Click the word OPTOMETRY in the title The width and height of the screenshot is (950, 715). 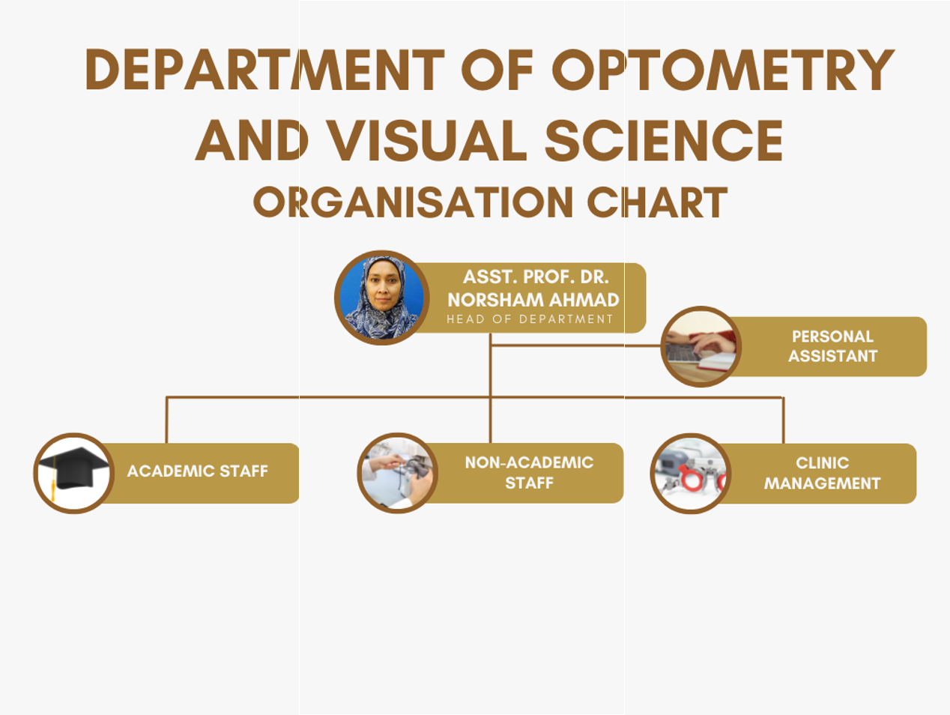tap(723, 69)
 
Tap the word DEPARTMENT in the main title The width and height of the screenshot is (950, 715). tap(265, 69)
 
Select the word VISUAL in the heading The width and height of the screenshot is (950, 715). tap(426, 140)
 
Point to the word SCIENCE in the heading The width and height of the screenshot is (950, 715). tap(664, 140)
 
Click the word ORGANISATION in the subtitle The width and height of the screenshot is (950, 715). tap(414, 202)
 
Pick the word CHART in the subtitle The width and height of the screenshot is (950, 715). tap(657, 202)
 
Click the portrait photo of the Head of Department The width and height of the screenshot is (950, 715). tap(381, 298)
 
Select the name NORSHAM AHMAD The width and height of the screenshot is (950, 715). tap(533, 300)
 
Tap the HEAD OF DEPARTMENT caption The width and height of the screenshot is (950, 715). tap(530, 319)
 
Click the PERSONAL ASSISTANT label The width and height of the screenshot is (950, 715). tap(832, 346)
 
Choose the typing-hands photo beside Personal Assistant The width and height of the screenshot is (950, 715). tap(701, 346)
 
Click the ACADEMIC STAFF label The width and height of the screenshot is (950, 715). tap(197, 471)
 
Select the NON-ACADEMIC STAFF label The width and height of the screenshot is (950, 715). tap(529, 473)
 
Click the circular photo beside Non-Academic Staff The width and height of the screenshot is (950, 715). tap(397, 473)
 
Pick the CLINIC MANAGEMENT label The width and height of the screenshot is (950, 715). tap(823, 473)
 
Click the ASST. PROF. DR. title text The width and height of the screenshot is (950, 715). tap(536, 277)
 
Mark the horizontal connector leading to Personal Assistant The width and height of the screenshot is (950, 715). tap(576, 346)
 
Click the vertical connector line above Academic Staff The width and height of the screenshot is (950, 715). tap(166, 420)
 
